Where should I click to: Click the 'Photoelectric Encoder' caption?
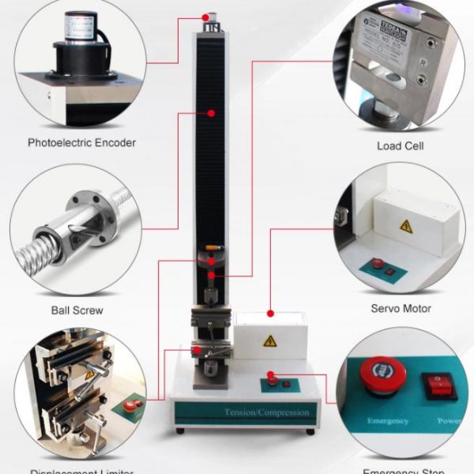[81, 143]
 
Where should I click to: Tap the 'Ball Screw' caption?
[77, 310]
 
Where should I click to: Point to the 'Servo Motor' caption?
[401, 308]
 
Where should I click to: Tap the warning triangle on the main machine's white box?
[270, 341]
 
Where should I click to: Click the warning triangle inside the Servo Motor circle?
[405, 226]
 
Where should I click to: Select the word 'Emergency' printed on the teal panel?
[387, 421]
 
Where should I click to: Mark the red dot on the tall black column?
[212, 114]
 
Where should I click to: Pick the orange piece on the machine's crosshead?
[210, 255]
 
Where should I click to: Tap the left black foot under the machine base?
[180, 431]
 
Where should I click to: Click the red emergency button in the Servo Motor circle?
[378, 263]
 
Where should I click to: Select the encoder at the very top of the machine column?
[211, 18]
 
